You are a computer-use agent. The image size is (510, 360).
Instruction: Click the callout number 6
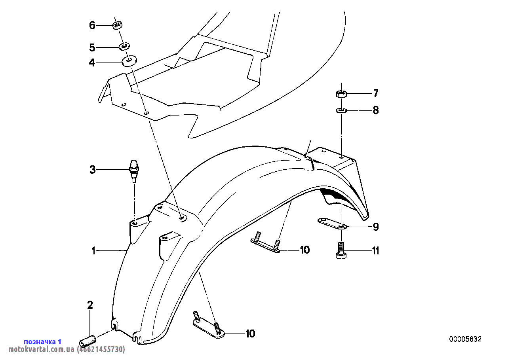click(92, 26)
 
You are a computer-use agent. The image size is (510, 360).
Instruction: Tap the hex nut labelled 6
click(117, 26)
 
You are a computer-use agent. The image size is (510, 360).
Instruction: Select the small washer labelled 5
click(124, 47)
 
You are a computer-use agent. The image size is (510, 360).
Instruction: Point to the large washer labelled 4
click(129, 61)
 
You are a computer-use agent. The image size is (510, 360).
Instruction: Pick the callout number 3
click(92, 170)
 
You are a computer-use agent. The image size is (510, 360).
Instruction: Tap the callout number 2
click(90, 305)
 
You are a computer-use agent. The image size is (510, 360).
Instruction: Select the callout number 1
click(93, 250)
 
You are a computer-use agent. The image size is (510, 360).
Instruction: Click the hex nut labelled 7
click(341, 94)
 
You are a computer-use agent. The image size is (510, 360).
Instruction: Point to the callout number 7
click(375, 94)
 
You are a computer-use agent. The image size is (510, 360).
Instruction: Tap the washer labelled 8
click(341, 110)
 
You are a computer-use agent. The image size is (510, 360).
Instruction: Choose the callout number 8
click(375, 110)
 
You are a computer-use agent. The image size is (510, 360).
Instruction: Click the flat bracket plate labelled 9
click(332, 224)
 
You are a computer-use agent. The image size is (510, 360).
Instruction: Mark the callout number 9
click(375, 227)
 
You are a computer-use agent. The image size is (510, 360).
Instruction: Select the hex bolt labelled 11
click(341, 251)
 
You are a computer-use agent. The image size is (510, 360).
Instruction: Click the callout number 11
click(375, 251)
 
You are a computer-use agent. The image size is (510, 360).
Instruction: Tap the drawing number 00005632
click(465, 339)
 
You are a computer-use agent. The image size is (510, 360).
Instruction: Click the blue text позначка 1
click(42, 341)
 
